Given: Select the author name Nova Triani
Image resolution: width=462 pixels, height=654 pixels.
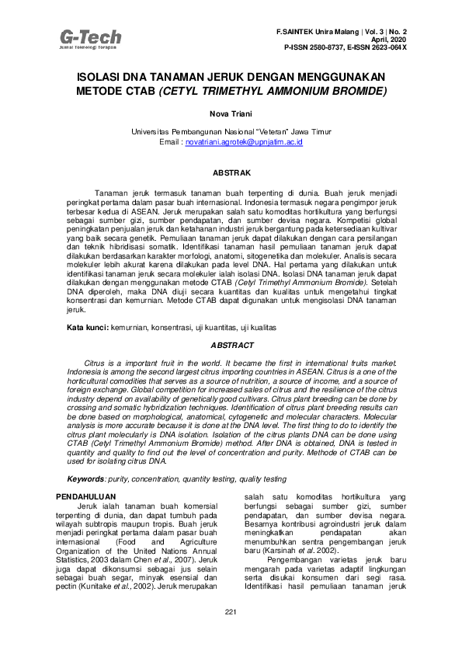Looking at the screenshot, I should (231, 113).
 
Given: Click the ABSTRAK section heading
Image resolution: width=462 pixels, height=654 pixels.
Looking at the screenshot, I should (231, 171).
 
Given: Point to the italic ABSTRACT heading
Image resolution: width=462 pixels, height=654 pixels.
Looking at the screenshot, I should (231, 345).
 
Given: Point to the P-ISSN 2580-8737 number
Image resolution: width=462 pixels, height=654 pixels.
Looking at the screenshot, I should (314, 47).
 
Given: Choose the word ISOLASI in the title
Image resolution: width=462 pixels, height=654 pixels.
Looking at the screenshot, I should (103, 78).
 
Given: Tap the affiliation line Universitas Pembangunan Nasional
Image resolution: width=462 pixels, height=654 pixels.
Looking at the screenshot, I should (231, 133).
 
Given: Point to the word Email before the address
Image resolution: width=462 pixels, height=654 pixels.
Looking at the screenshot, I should (169, 143).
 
